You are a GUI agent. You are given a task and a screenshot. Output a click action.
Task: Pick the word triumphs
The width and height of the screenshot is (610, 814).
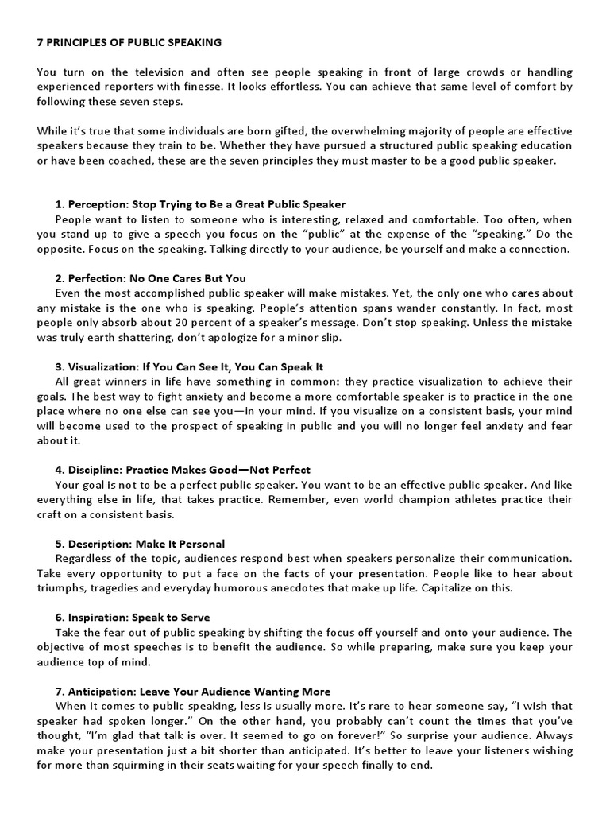[66, 587]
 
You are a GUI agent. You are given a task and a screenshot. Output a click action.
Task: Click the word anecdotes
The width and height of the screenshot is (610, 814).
[318, 587]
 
